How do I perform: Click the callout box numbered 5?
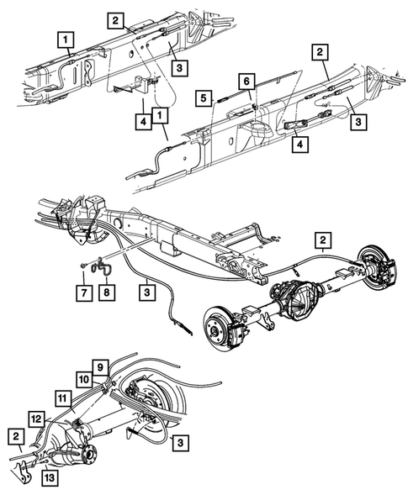click(204, 97)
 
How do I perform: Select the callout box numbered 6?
click(246, 81)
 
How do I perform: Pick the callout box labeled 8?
click(107, 293)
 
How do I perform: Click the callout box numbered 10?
click(85, 381)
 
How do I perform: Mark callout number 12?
click(35, 417)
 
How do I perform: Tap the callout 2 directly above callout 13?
click(16, 437)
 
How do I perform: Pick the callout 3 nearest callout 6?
click(358, 122)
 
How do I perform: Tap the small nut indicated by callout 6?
click(253, 106)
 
